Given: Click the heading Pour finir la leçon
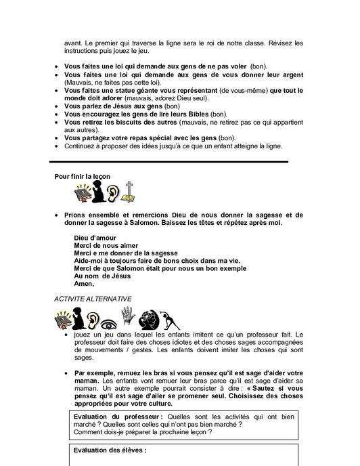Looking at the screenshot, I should [82, 176].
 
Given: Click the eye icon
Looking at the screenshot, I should [108, 318].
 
